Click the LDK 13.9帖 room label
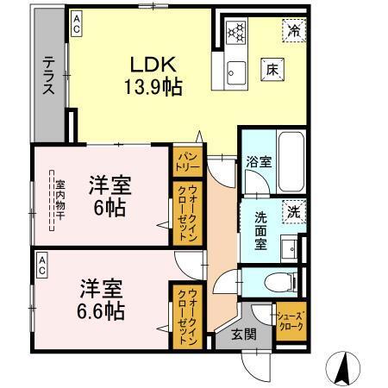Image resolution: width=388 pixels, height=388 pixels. point(153,75)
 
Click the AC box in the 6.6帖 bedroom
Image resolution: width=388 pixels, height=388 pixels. point(41,268)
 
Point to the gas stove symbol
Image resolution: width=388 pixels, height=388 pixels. point(236,33)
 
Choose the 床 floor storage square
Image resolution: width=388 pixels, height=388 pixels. point(270,69)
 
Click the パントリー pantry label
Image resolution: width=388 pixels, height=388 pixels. point(186,159)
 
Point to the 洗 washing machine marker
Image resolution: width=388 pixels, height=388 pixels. point(293,212)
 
